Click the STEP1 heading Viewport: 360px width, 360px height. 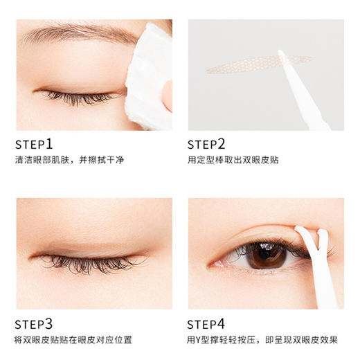coord(34,144)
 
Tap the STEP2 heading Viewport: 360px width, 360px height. coord(206,144)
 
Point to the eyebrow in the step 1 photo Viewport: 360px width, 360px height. coord(76,33)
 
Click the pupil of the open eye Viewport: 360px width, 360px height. coord(267,255)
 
